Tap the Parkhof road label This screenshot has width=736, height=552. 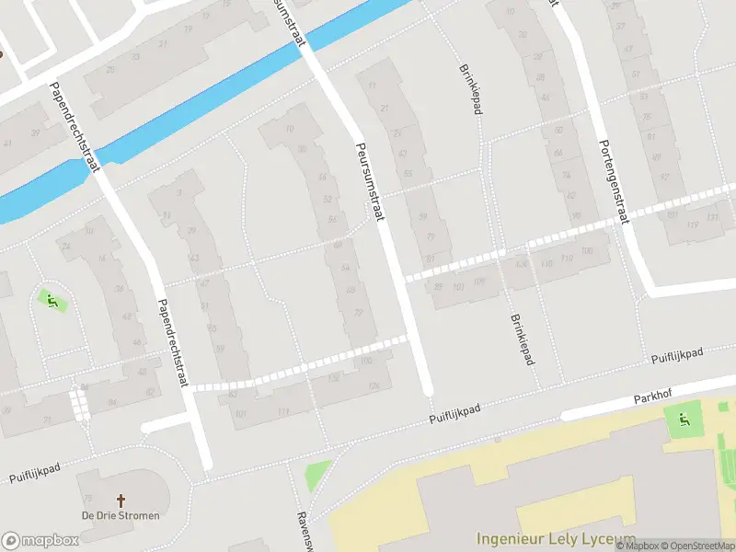[x=654, y=398]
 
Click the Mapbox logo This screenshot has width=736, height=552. [x=40, y=540]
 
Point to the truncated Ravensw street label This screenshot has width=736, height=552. [x=301, y=531]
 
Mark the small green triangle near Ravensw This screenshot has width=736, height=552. [x=318, y=474]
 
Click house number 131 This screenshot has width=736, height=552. [x=712, y=218]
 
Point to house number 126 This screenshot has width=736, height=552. [x=374, y=385]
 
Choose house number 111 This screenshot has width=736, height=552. [x=283, y=410]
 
